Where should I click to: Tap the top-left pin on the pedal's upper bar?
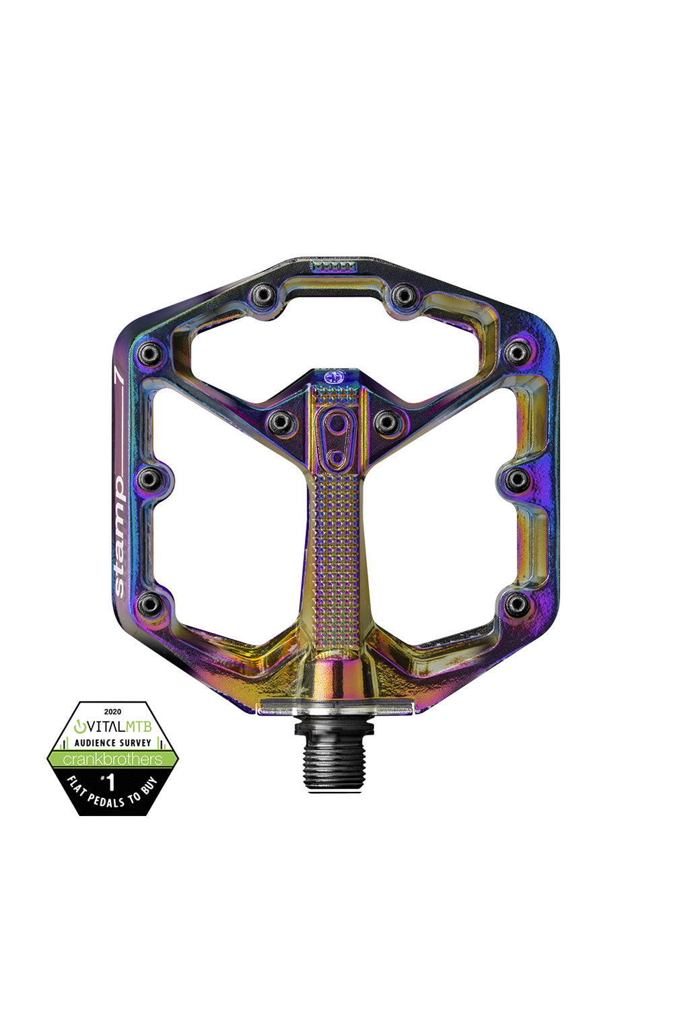[x=261, y=295]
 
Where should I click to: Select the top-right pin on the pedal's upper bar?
[x=403, y=295]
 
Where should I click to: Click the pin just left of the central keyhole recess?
[x=280, y=422]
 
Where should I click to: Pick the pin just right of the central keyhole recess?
[x=387, y=422]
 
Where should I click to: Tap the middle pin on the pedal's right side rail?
[x=517, y=479]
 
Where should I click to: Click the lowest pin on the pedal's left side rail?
[x=149, y=604]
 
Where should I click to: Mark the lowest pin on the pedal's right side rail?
[x=516, y=604]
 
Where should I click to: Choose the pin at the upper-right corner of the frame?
[x=518, y=351]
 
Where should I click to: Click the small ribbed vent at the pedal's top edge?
[x=333, y=267]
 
